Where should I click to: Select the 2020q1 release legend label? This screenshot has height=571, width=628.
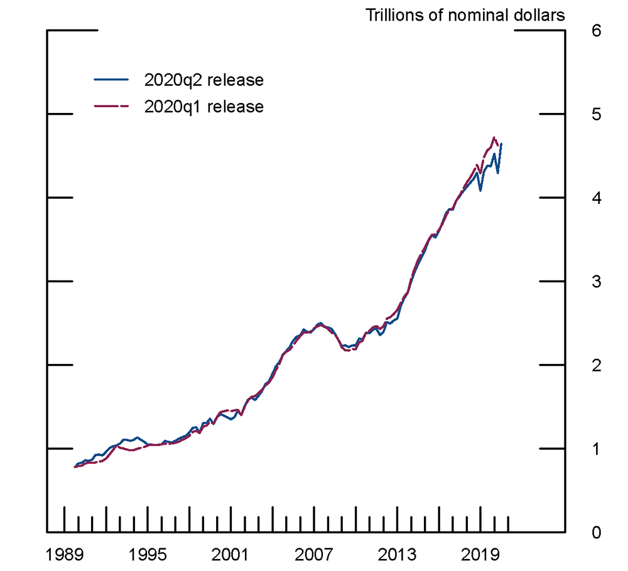[x=203, y=107]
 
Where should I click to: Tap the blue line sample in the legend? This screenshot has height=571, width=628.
[x=111, y=80]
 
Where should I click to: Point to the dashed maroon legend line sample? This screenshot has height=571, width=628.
[x=111, y=107]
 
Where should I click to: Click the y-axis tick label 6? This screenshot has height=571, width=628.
[x=596, y=30]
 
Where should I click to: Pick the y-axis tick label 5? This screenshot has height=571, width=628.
[x=596, y=114]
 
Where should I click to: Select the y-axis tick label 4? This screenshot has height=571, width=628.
[x=596, y=198]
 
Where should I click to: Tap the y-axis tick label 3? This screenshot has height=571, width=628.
[x=596, y=281]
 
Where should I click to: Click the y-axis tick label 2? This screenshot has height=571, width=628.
[x=596, y=365]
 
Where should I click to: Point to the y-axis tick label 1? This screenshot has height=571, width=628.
[x=596, y=449]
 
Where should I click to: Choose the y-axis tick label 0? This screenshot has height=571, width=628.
[x=596, y=532]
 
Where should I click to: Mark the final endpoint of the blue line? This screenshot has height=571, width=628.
[x=501, y=144]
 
